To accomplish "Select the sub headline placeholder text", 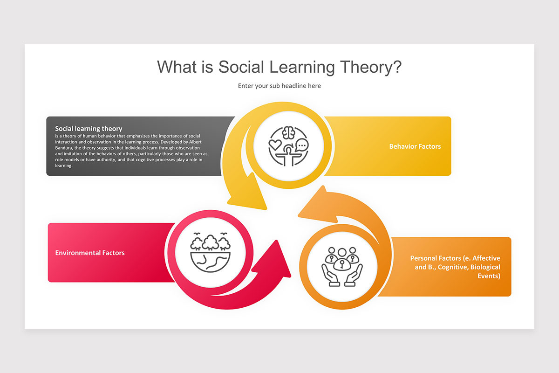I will click(279, 86).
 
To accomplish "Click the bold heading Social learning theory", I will click(89, 129).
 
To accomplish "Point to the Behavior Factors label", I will click(415, 146).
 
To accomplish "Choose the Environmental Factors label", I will click(90, 253).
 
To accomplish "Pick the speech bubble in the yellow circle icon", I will click(302, 145).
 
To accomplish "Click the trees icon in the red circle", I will click(211, 242).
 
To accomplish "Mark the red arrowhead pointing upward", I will click(275, 259).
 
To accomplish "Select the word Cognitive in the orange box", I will click(452, 267).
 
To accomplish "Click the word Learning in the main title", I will click(301, 67).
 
